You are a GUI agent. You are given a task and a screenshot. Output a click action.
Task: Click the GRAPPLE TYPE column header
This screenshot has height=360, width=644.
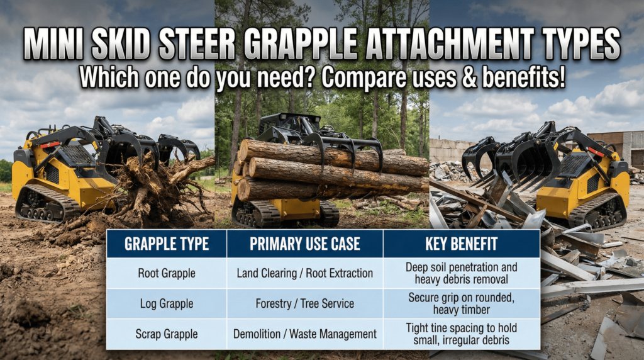166,244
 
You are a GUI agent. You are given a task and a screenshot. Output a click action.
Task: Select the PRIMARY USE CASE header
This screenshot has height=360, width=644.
304,244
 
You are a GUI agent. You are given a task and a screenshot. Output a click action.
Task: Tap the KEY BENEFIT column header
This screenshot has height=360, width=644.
461,244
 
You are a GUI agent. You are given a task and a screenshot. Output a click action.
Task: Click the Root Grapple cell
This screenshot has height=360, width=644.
166,273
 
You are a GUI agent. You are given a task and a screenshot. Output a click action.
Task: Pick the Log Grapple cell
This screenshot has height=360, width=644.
166,303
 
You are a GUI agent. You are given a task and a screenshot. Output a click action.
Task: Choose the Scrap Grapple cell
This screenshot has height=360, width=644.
166,334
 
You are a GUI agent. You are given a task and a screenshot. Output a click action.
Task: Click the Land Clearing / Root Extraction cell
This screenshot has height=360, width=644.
304,273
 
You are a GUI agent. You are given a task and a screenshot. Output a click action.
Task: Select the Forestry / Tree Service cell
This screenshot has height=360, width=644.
304,303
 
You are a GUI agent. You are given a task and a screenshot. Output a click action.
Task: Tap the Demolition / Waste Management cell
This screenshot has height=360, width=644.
304,334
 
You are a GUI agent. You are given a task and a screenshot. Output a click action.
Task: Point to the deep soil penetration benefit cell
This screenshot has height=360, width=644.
461,273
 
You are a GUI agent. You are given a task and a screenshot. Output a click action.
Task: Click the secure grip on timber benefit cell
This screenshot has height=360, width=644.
461,303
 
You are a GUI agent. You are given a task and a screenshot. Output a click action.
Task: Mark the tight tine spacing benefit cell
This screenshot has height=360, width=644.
461,334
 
